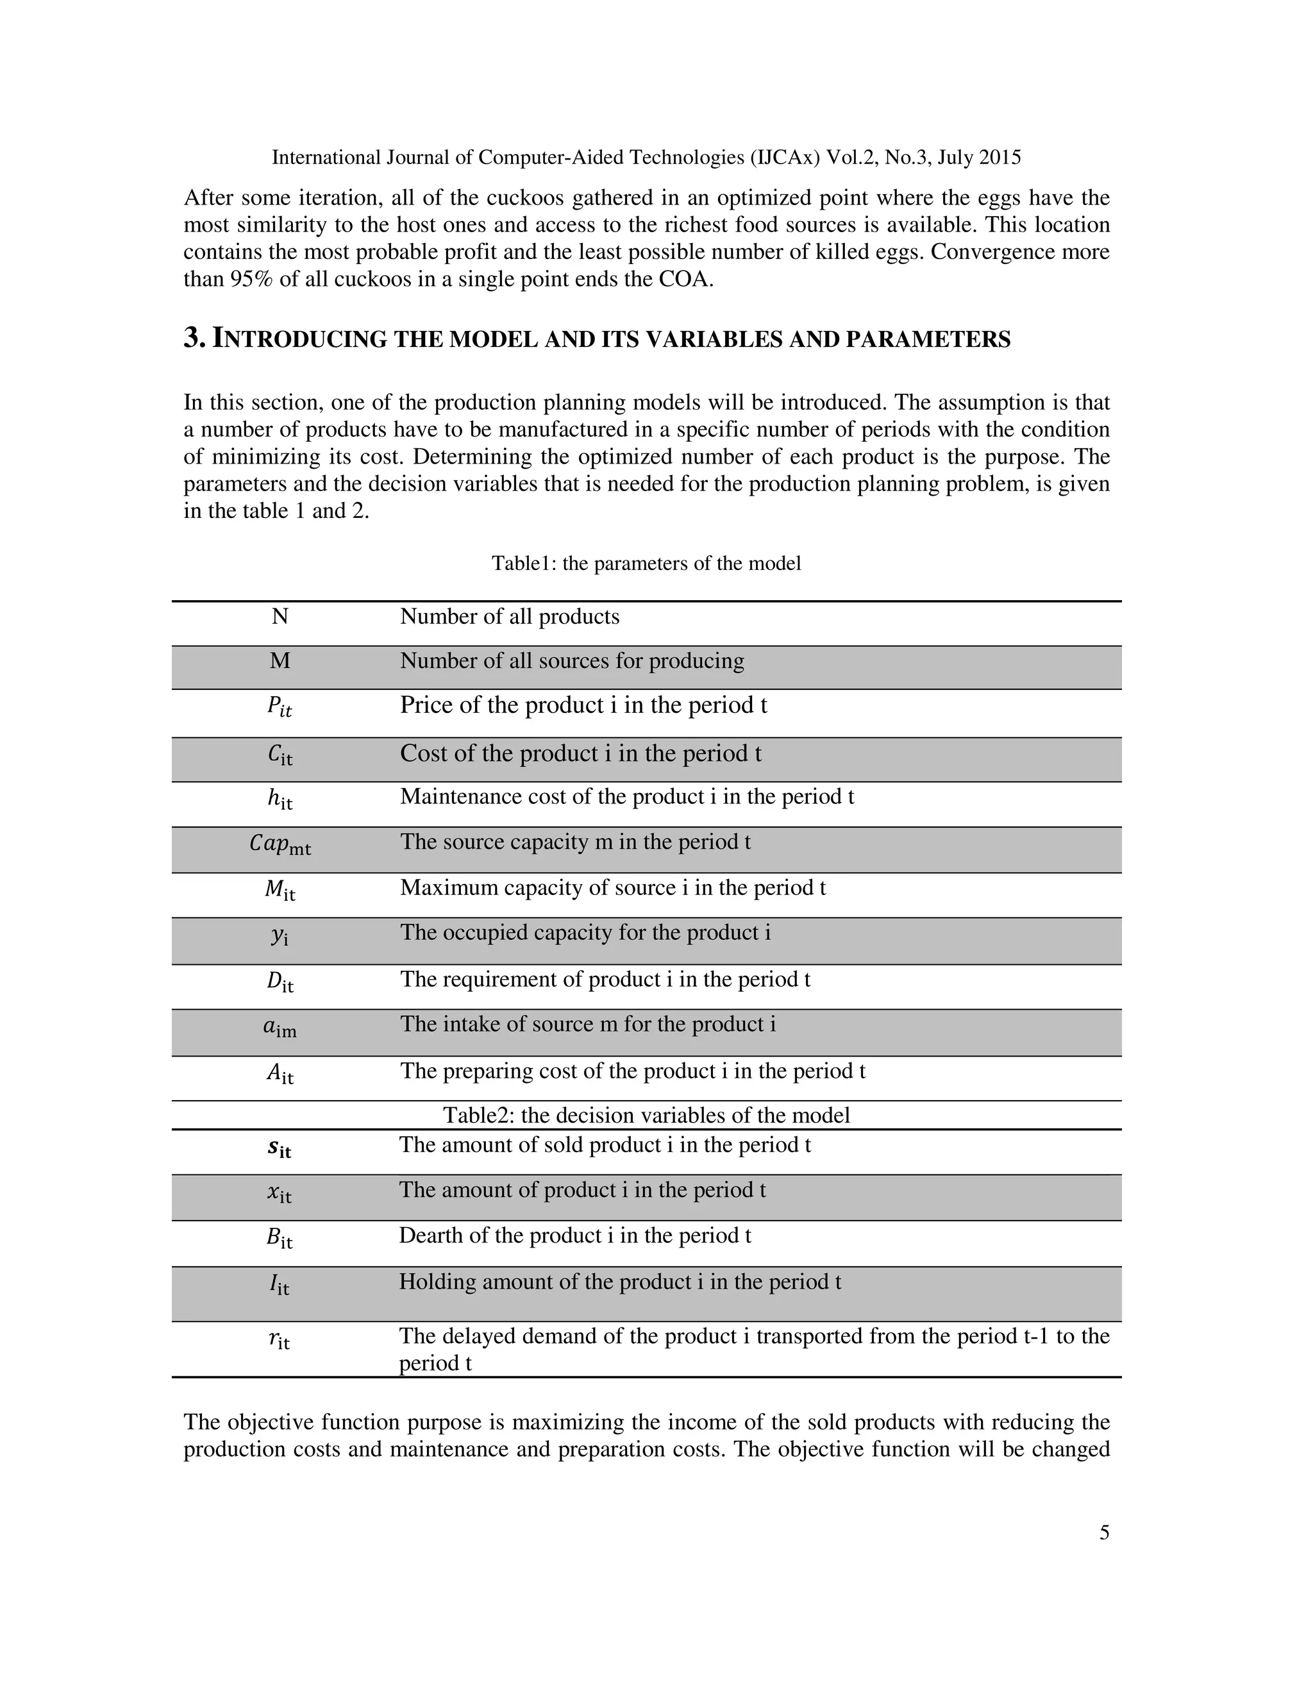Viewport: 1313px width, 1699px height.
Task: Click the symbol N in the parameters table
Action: (280, 617)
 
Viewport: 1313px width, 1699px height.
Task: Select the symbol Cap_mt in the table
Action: (280, 844)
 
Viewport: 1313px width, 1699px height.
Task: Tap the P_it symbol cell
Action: (280, 707)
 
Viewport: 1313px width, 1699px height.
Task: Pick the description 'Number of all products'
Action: (510, 617)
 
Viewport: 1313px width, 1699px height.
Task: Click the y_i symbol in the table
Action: (280, 934)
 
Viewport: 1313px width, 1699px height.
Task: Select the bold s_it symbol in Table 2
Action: (280, 1148)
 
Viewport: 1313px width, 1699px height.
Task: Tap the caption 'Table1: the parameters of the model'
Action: (646, 563)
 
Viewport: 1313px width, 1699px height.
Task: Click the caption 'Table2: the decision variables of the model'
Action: (646, 1115)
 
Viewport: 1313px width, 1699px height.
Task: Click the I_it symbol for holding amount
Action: (280, 1284)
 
